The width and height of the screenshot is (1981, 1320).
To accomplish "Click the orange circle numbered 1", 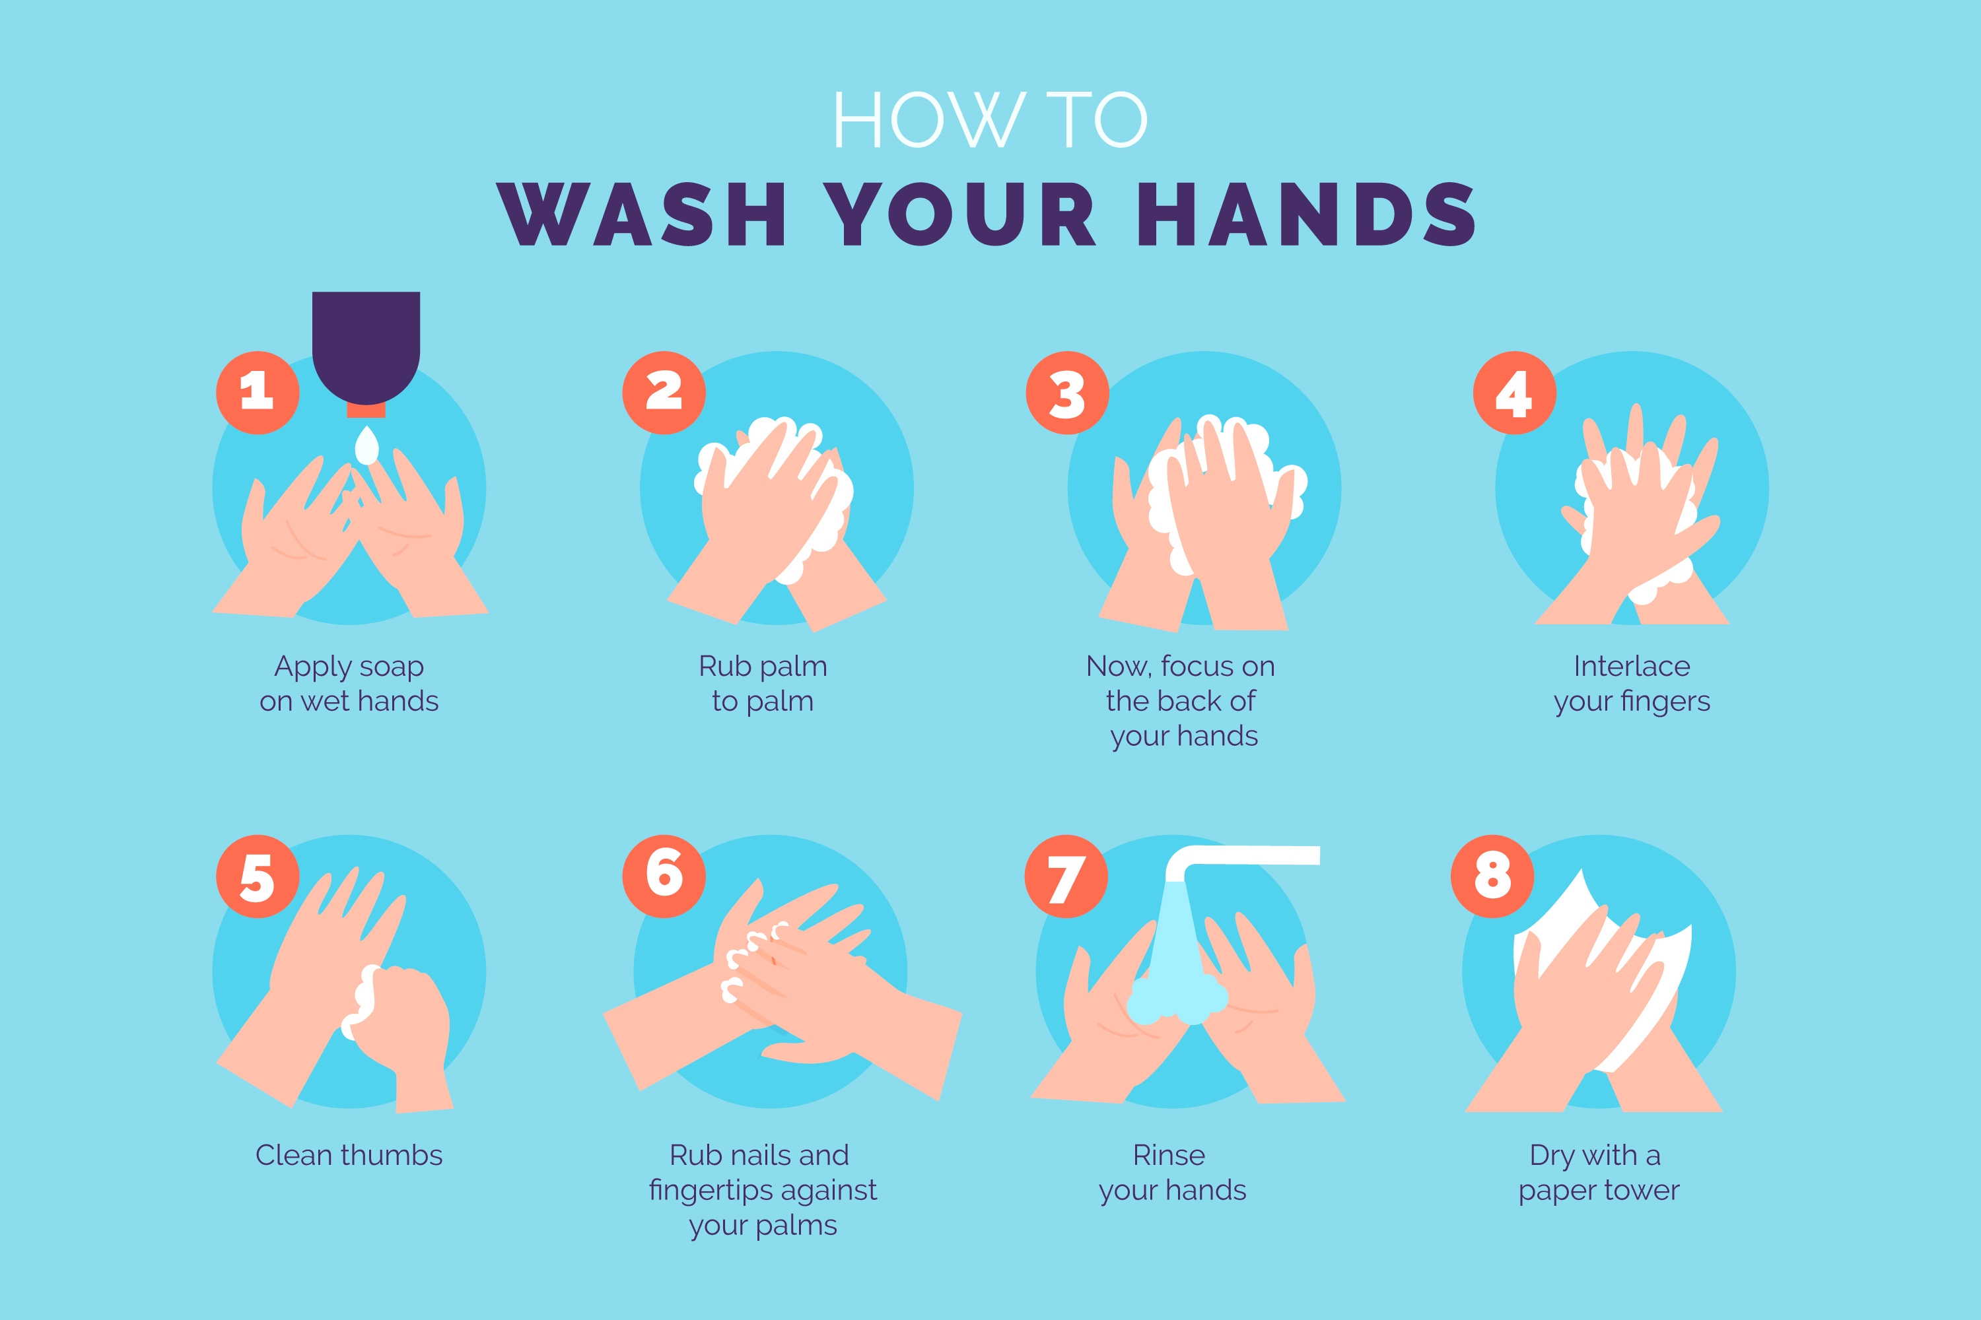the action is (x=258, y=392).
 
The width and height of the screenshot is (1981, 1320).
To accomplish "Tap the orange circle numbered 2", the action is (x=664, y=392).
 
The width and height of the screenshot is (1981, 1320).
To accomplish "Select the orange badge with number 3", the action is (x=1067, y=392).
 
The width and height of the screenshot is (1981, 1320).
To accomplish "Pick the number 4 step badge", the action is (x=1514, y=392).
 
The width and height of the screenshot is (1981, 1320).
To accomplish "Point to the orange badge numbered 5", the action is (x=258, y=876).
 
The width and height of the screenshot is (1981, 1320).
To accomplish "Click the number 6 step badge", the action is (x=664, y=876).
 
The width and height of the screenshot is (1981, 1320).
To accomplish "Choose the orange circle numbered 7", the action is (x=1066, y=876).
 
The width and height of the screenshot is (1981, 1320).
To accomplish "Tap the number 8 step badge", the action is (x=1492, y=876).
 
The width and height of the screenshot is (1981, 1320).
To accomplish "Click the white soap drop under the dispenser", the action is (x=367, y=447).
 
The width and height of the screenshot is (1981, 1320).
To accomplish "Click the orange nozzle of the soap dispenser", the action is (x=366, y=411).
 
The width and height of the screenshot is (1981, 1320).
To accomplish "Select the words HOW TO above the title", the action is (x=990, y=119).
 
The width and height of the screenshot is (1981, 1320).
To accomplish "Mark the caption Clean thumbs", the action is (x=349, y=1155).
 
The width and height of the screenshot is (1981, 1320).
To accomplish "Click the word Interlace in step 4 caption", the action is (x=1632, y=666).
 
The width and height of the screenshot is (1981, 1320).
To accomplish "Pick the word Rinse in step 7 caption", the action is (x=1169, y=1155).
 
